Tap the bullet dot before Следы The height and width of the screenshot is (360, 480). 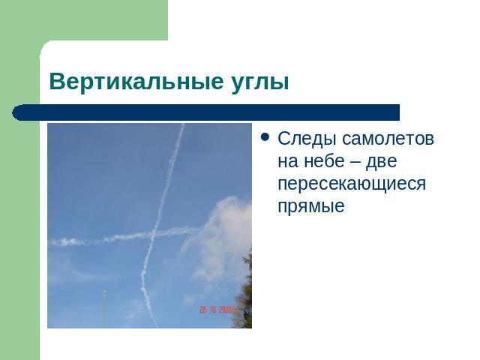point(265,137)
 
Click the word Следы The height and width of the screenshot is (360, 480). point(307,139)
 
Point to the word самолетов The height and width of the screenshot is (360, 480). point(388,139)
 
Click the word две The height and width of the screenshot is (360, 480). point(382,160)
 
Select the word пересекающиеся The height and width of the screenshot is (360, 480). point(352,184)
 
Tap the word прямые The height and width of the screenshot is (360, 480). point(311,206)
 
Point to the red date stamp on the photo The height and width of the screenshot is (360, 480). point(216,310)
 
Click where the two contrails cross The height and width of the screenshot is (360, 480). point(154,234)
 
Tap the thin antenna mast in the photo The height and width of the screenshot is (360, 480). point(104,309)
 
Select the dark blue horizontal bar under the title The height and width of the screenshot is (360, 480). point(205,112)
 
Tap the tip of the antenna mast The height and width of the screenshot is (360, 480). point(105,291)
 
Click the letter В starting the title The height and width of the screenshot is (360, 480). point(57,82)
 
